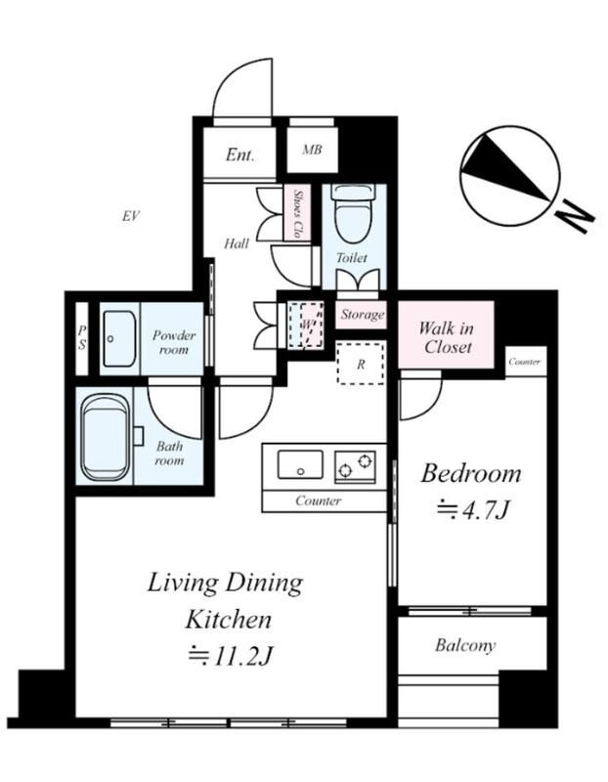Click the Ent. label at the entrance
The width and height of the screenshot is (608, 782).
pos(239,154)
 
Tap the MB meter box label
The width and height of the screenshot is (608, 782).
pos(312,150)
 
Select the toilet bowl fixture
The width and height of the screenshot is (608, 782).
pos(355,213)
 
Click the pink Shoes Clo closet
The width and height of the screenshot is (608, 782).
pos(298,213)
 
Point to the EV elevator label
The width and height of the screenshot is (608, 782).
pos(131,216)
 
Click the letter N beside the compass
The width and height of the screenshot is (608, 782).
pos(574,215)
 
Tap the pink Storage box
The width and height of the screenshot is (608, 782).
pos(362,315)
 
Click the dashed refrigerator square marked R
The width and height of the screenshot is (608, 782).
pos(361,363)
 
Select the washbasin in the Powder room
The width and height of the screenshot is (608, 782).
pos(119,338)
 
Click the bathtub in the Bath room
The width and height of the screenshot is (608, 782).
pos(105,439)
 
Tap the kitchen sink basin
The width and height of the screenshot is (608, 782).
pos(300,465)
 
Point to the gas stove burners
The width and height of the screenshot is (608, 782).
pos(355,466)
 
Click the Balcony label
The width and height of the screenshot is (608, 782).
pos(465,646)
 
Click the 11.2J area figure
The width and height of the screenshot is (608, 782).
pos(230,657)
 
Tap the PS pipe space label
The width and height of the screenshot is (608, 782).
pos(82,337)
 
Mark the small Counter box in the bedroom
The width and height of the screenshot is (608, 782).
pos(526,362)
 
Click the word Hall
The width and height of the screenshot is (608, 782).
pos(237,243)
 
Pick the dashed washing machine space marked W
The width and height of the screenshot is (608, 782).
pos(306,325)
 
